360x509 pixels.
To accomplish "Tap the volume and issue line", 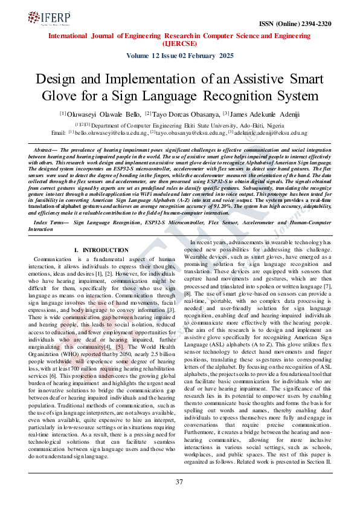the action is [x=180, y=55].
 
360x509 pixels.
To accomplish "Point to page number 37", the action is [x=179, y=482].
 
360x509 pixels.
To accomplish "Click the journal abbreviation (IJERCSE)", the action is [x=180, y=43].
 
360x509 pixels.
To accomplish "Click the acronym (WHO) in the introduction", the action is [x=75, y=352].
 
